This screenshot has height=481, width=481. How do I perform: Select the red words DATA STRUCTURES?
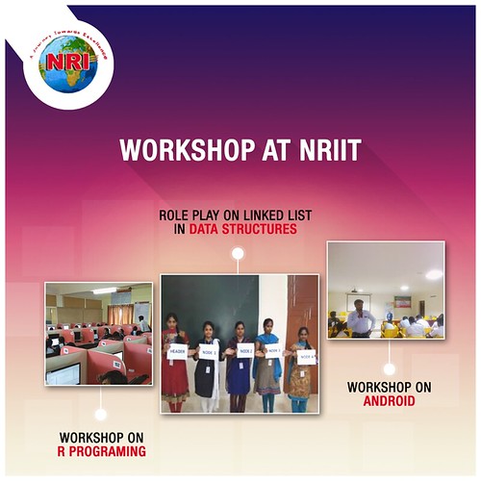(243, 231)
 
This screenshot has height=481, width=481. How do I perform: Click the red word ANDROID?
(389, 400)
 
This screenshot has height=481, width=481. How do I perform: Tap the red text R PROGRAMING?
(101, 450)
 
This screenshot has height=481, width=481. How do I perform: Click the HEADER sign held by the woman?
(177, 351)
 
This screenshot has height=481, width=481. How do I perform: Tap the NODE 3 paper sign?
(273, 351)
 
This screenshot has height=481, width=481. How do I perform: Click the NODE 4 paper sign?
(306, 356)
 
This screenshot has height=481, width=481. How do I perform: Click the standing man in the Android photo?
(359, 316)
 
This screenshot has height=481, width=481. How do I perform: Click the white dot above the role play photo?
(237, 255)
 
